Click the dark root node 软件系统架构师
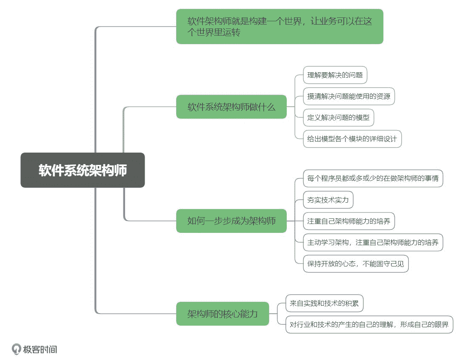(83, 170)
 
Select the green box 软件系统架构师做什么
(231, 107)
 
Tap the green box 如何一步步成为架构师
(231, 221)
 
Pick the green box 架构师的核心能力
(223, 314)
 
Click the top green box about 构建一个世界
(280, 26)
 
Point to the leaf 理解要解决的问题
(335, 75)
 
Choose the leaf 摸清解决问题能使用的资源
(349, 96)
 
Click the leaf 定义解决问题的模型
(338, 117)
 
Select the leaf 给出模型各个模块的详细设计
(352, 139)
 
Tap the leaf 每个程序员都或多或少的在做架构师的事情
(373, 178)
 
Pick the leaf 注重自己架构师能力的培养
(349, 221)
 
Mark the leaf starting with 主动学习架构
(373, 242)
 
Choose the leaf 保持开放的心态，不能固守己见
(356, 264)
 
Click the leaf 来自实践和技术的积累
(324, 303)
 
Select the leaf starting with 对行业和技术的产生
(369, 325)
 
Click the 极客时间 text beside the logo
(40, 349)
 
